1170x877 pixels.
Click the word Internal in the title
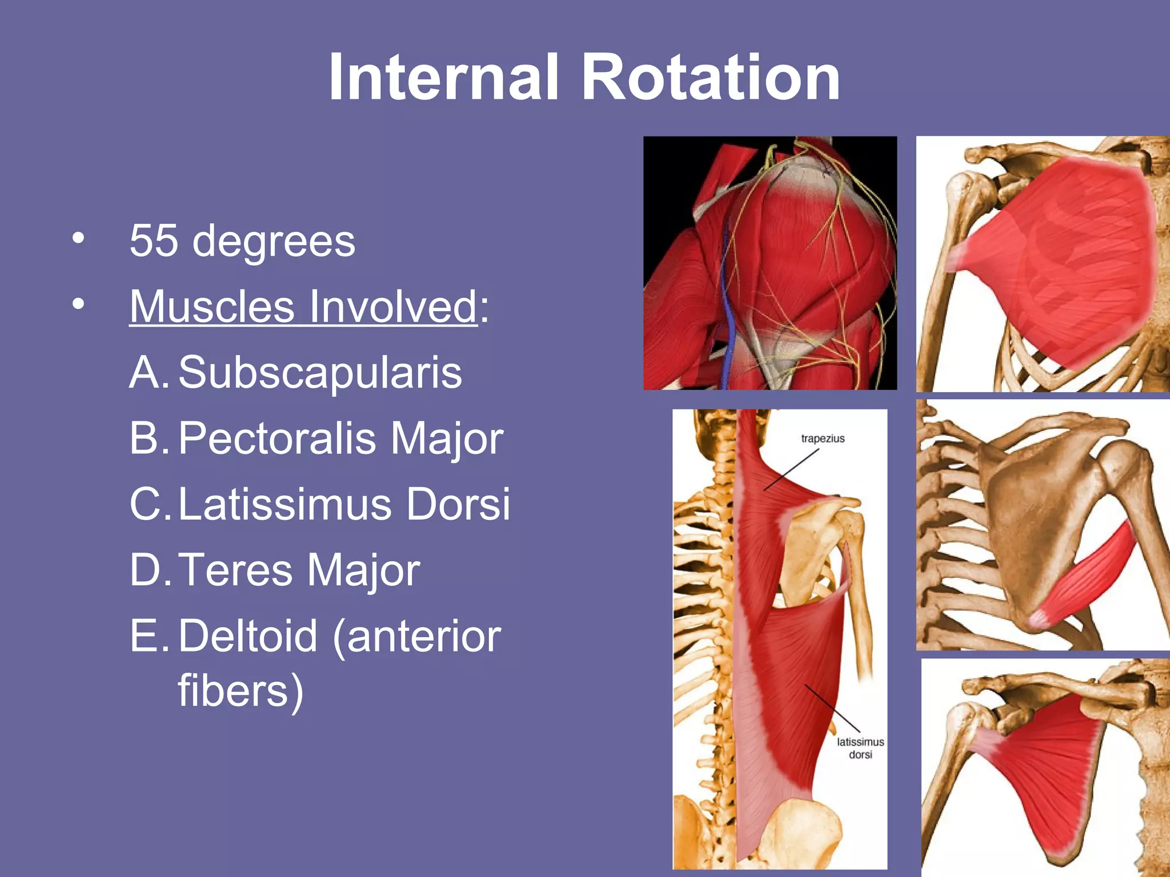tap(443, 77)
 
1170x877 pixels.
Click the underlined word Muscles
tap(212, 307)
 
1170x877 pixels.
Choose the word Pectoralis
tap(277, 438)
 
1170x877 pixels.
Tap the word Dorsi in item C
tap(458, 504)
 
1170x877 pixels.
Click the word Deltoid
tap(247, 635)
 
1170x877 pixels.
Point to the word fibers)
tap(240, 691)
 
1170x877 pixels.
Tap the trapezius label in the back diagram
tap(823, 438)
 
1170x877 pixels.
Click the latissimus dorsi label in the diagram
tap(860, 748)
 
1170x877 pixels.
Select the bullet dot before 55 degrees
tap(78, 238)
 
